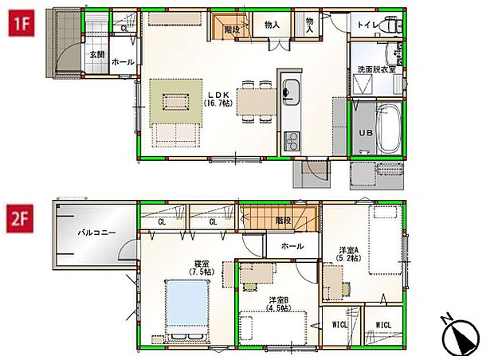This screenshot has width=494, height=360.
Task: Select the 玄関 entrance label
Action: click(x=97, y=54)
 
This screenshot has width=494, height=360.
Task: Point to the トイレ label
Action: click(x=367, y=25)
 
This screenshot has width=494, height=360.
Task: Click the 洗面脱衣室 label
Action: click(x=375, y=70)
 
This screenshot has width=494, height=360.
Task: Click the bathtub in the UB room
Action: click(x=388, y=128)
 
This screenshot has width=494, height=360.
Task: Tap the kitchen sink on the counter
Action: click(x=289, y=88)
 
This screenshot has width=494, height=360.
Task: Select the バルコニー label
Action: click(x=97, y=233)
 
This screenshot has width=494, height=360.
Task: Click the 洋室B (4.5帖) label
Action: click(x=278, y=304)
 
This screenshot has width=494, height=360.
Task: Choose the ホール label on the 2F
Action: click(x=292, y=247)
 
